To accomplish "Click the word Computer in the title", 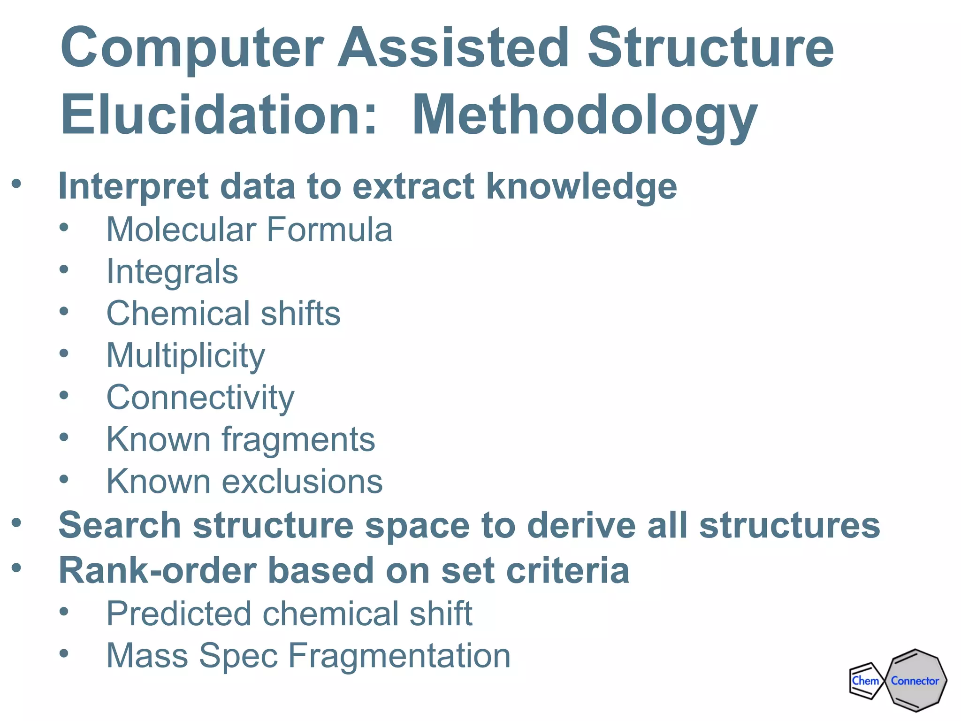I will [192, 48].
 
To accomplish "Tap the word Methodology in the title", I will [584, 115].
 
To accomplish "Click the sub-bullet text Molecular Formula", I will [249, 230].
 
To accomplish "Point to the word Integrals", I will [172, 272].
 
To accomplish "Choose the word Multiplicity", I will [186, 356].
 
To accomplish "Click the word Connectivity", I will [200, 398].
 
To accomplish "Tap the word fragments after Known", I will [298, 440].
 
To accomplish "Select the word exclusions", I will [302, 482].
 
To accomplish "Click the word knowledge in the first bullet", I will [581, 186].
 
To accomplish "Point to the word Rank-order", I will [158, 571].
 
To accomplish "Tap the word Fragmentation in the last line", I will [399, 656].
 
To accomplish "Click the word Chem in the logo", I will [865, 681].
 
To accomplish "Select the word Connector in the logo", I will [915, 681].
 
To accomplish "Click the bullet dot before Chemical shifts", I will [64, 311].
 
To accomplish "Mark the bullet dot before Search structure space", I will [17, 522].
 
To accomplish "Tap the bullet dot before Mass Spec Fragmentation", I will [64, 653].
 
